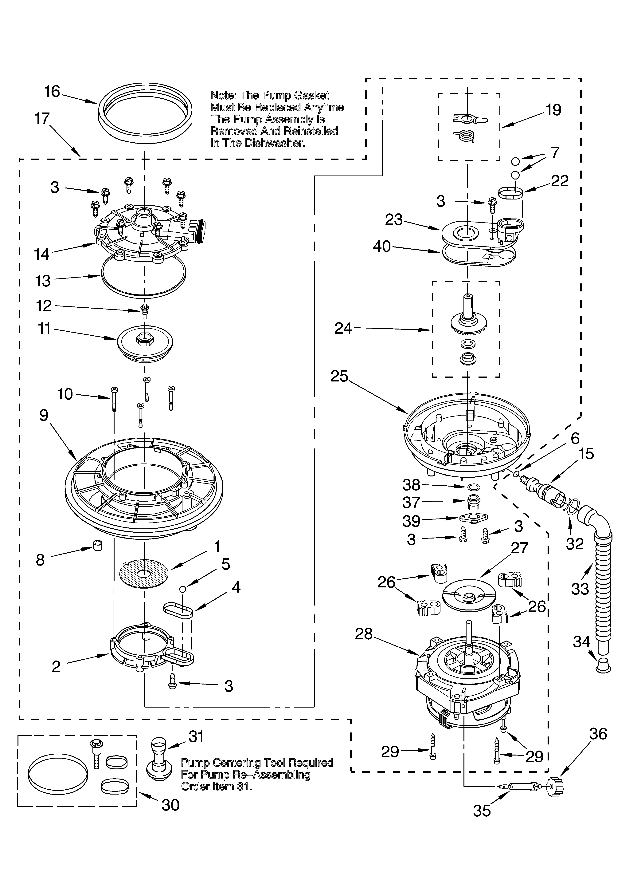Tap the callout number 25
click(x=339, y=376)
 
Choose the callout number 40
click(x=382, y=246)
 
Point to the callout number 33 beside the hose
click(x=580, y=589)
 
